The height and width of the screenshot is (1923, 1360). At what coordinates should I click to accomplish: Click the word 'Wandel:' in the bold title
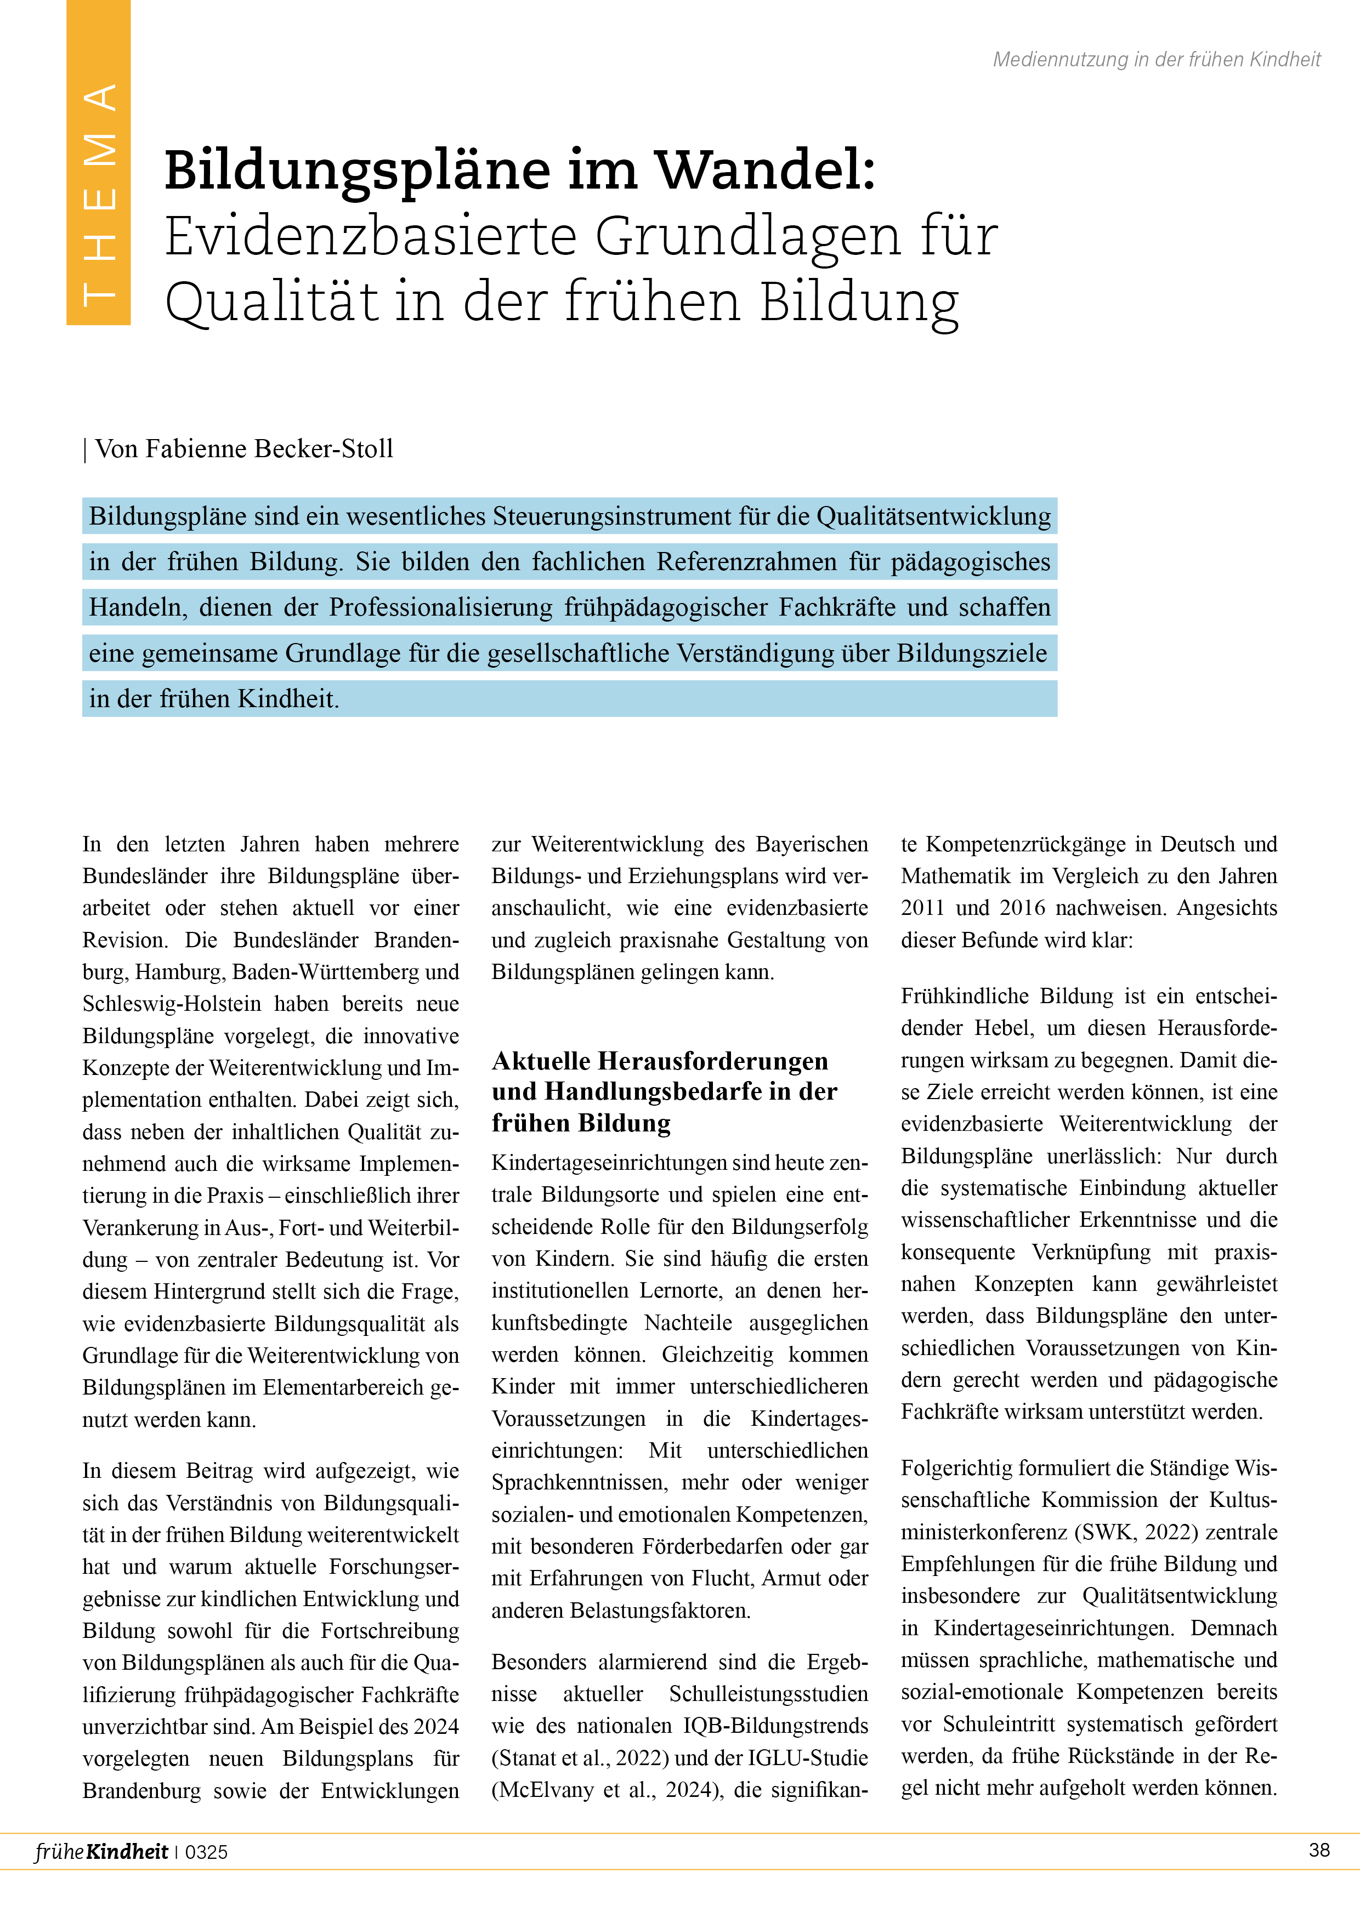pyautogui.click(x=764, y=170)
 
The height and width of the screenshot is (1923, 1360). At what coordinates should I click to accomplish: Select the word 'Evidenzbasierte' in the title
pyautogui.click(x=370, y=236)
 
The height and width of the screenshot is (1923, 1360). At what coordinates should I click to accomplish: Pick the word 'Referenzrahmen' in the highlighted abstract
pyautogui.click(x=746, y=561)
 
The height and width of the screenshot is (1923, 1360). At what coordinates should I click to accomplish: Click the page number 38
pyautogui.click(x=1319, y=1850)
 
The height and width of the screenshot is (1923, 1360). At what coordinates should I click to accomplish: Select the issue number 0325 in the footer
pyautogui.click(x=206, y=1852)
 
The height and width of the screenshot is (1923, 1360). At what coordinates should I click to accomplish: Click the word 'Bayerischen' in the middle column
pyautogui.click(x=812, y=844)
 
